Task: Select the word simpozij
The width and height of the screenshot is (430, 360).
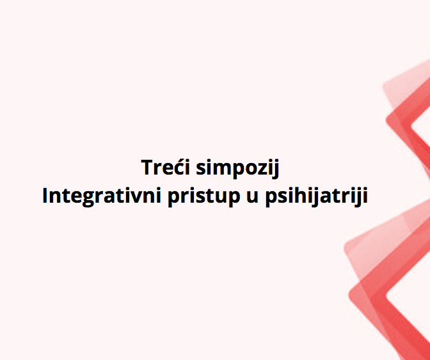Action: coord(237,168)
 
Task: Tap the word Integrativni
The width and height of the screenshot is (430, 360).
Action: coord(102,196)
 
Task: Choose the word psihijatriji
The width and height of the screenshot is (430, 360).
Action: coord(317,196)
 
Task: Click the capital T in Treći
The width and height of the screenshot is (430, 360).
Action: coord(147,167)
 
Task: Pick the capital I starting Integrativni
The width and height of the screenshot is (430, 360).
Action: coord(45,196)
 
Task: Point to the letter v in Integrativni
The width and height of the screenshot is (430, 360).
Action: coord(136,198)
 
